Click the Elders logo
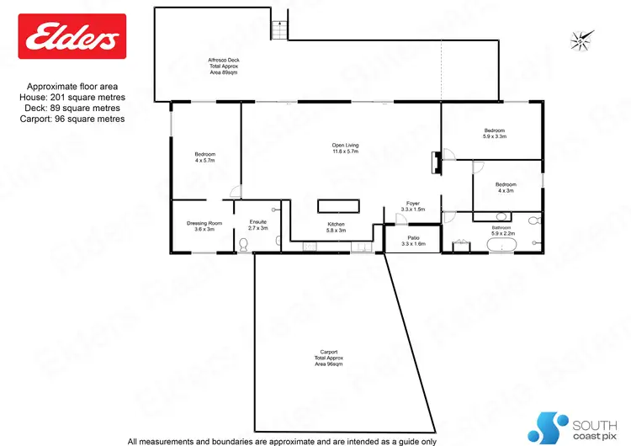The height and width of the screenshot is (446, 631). (x=72, y=36)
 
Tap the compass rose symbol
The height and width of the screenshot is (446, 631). (x=581, y=39)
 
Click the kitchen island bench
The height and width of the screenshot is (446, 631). (x=338, y=206)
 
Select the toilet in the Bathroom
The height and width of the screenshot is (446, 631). (x=534, y=221)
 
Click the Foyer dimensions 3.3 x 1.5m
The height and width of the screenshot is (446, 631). (x=413, y=209)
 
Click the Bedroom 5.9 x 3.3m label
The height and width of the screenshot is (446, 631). (x=494, y=133)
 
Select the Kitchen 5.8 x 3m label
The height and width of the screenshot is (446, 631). (x=337, y=226)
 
